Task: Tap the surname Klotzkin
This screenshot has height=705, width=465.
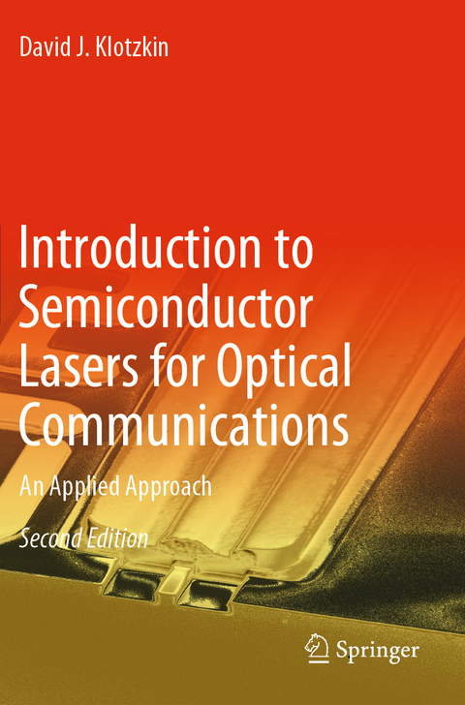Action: [132, 46]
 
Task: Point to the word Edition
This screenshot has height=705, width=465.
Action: [117, 538]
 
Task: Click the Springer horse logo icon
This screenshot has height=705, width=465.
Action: [318, 648]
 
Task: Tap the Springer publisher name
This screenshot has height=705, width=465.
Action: [379, 649]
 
